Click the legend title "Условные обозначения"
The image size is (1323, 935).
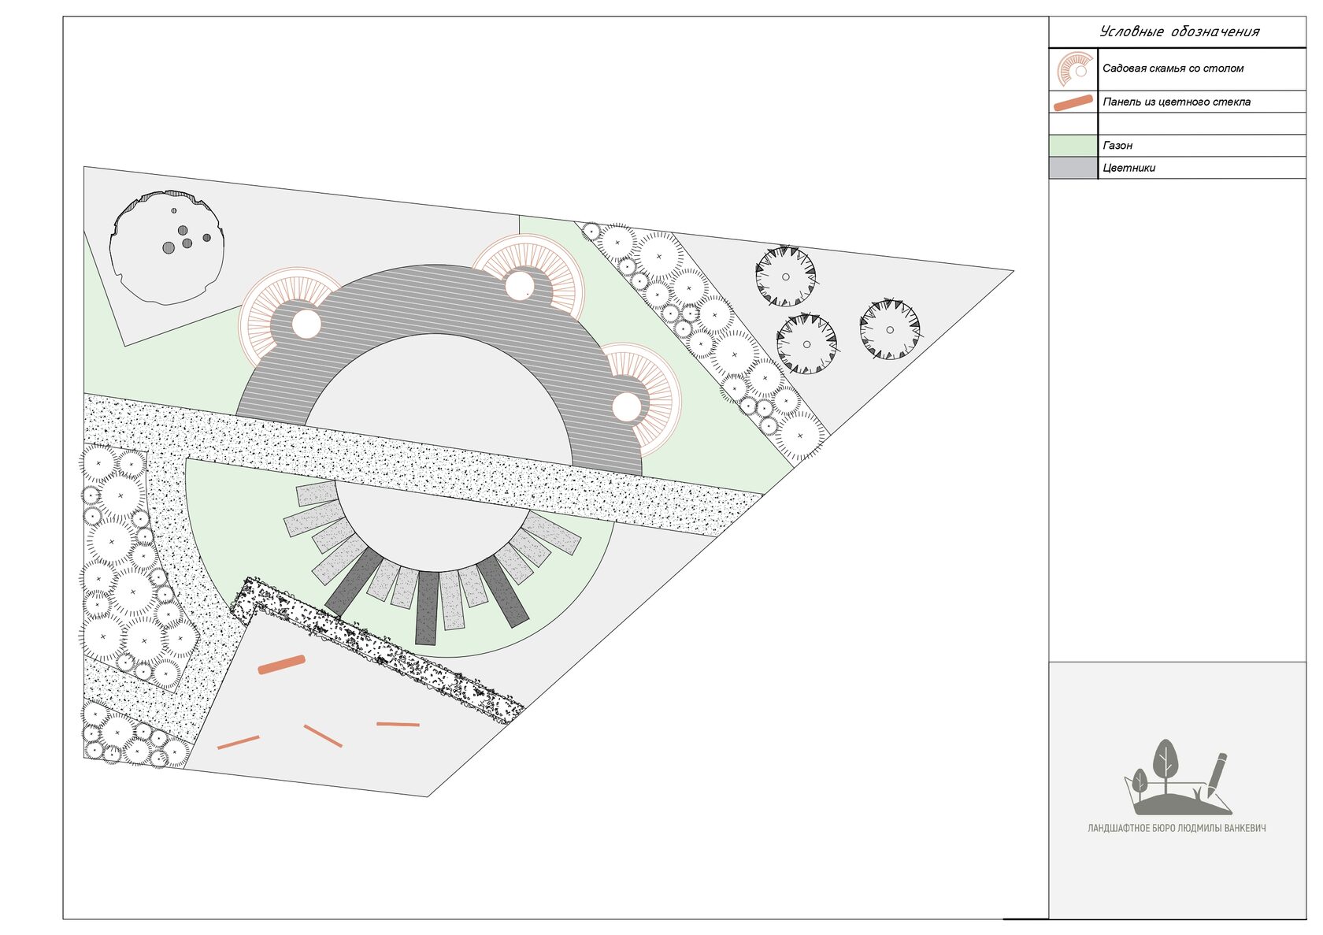click(x=1180, y=32)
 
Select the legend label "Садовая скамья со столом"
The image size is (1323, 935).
click(x=1173, y=69)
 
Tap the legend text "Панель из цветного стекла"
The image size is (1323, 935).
click(x=1177, y=102)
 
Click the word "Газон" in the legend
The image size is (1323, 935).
click(x=1117, y=145)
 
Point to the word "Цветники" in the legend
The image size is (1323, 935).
click(x=1128, y=168)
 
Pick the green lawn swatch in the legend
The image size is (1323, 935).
click(x=1073, y=146)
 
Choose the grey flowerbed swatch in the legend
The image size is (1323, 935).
click(x=1073, y=168)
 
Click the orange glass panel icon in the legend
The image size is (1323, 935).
click(x=1073, y=102)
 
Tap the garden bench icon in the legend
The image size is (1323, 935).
click(x=1075, y=69)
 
